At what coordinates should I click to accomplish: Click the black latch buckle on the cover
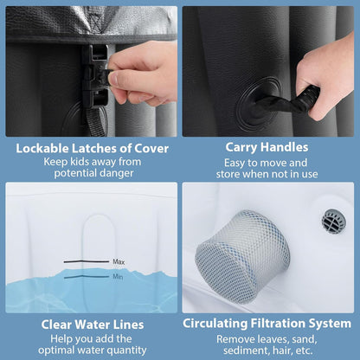pos(95,76)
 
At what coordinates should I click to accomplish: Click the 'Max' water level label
pos(119,262)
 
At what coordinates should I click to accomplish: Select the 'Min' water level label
pos(118,277)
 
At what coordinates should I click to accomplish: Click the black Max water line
pos(87,261)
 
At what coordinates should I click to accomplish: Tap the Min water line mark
pos(87,277)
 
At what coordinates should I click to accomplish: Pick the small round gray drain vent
pos(334,222)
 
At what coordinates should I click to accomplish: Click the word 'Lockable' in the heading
pos(42,148)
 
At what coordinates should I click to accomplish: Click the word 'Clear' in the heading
pos(56,325)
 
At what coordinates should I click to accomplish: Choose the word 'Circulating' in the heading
pos(215,324)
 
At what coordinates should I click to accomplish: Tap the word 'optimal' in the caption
pos(55,350)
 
